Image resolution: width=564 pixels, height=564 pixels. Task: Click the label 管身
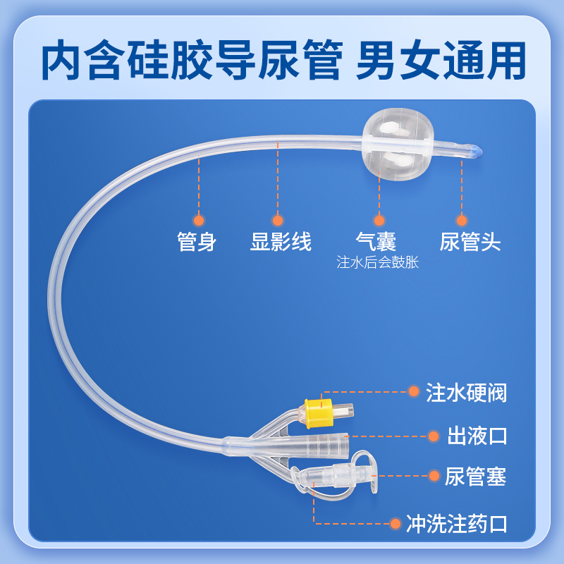point(197,242)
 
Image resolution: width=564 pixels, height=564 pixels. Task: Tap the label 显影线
point(281,242)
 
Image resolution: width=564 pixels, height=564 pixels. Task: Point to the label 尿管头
point(470,242)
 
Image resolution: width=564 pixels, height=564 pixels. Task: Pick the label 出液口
point(477,436)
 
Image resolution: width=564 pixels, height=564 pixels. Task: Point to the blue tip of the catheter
point(478,150)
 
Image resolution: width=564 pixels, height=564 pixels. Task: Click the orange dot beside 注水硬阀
point(414,392)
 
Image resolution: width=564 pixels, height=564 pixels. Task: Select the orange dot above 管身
point(199,220)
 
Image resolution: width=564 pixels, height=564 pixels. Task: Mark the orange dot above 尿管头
point(462,220)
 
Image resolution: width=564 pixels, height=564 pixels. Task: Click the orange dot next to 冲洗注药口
point(396,523)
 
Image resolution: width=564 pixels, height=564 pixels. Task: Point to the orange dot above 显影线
point(278,220)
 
